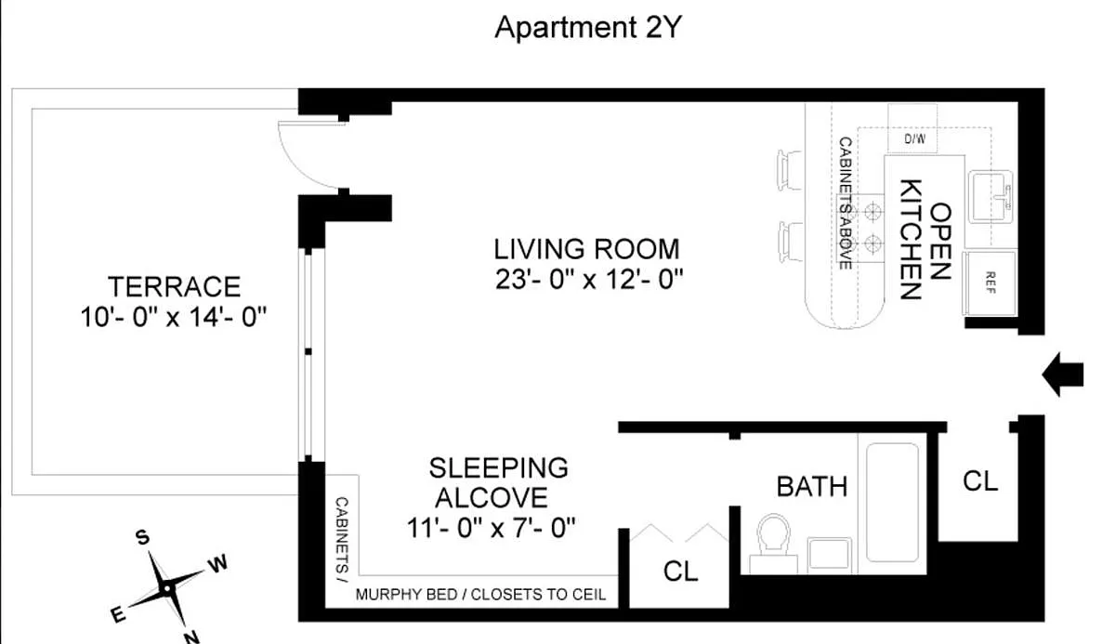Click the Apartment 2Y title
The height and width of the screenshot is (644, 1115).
click(x=588, y=27)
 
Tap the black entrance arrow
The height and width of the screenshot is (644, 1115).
click(x=1063, y=375)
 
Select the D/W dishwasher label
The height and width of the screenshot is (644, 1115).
click(x=915, y=138)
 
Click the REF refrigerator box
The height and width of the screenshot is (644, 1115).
click(x=989, y=283)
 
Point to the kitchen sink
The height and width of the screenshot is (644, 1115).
click(x=990, y=197)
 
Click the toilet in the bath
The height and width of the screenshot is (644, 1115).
click(x=773, y=543)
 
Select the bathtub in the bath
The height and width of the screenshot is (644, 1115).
click(x=892, y=503)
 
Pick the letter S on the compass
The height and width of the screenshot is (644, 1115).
click(x=142, y=537)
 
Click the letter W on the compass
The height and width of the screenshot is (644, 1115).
click(x=217, y=564)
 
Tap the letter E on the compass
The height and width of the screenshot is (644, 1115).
click(x=117, y=615)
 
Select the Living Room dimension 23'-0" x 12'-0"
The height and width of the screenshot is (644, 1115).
click(x=589, y=279)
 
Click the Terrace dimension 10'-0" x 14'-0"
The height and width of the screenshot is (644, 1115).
click(x=174, y=317)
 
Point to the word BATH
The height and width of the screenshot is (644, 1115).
click(x=812, y=486)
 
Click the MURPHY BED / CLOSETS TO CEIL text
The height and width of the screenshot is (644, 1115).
click(x=480, y=594)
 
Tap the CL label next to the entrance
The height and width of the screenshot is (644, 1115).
click(x=980, y=481)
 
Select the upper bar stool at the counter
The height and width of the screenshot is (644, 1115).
click(x=790, y=170)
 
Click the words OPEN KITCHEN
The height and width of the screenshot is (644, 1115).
click(x=925, y=240)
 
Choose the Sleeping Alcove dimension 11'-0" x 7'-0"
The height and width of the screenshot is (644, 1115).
click(x=491, y=528)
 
